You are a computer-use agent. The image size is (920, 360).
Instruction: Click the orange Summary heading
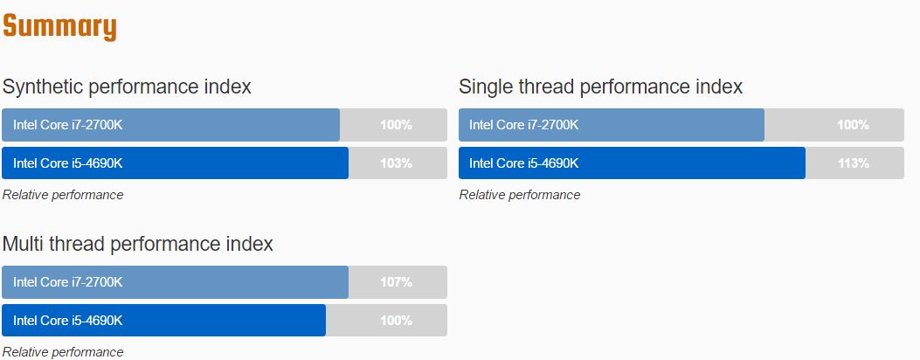[59, 27]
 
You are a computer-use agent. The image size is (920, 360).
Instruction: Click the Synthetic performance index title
[127, 87]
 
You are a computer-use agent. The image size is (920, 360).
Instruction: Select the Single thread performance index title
[601, 87]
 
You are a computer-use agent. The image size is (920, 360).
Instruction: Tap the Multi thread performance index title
[138, 243]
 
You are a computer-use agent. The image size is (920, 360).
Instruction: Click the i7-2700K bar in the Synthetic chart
[170, 125]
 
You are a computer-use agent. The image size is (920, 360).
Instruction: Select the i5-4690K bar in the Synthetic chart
[175, 163]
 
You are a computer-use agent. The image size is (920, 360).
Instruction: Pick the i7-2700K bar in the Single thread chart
[612, 125]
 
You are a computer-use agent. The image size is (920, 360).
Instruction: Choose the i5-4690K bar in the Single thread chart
[632, 163]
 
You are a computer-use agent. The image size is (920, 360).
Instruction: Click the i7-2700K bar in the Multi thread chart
[175, 282]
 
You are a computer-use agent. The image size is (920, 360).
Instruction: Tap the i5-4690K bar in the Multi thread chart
[163, 320]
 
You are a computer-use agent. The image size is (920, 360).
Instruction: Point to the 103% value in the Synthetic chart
[396, 163]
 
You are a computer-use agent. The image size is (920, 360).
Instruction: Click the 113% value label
[853, 163]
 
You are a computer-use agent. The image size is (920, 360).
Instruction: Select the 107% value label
[396, 282]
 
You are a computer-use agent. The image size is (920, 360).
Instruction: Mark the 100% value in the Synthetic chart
[396, 125]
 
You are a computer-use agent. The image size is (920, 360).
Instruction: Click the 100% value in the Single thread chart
[853, 125]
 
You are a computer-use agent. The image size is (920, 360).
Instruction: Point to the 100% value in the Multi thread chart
[396, 320]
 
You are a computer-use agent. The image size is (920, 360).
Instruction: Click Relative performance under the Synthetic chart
[63, 195]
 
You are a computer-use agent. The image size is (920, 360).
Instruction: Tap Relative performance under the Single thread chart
[520, 195]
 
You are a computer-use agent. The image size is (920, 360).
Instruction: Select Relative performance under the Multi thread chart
[63, 352]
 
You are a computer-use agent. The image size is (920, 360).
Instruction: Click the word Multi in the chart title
[23, 243]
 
